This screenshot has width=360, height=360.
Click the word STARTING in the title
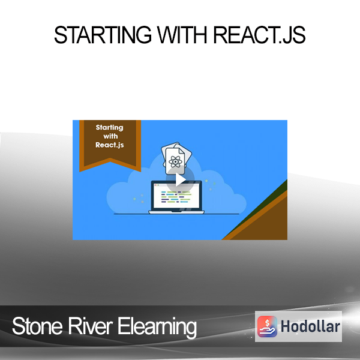[x=103, y=35]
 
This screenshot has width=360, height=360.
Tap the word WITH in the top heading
[x=182, y=35]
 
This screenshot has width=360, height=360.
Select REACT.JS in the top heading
[x=259, y=35]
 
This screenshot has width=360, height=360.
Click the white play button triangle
[x=181, y=180]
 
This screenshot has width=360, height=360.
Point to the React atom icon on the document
[x=175, y=162]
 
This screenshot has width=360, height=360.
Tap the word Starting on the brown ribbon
[x=110, y=127]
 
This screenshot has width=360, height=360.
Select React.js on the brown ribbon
[x=110, y=145]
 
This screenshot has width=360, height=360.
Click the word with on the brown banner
[x=110, y=136]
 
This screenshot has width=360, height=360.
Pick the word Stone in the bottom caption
[x=37, y=326]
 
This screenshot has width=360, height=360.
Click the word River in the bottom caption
[x=90, y=326]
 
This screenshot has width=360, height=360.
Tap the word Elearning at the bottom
[x=157, y=327]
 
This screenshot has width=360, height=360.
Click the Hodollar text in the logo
[x=310, y=326]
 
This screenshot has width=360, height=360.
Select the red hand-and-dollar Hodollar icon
[x=267, y=326]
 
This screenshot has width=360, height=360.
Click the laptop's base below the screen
[x=176, y=212]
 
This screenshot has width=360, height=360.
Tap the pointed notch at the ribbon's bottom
[x=110, y=158]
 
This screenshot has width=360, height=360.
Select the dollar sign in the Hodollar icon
[x=267, y=323]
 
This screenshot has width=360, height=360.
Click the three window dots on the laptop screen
[x=157, y=185]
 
